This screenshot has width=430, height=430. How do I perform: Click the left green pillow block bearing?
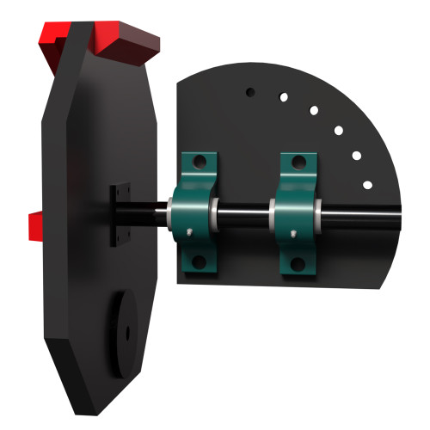[x=195, y=212]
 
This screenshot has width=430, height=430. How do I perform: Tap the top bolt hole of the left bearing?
[x=197, y=162]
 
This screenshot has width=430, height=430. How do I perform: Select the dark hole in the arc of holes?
[x=249, y=89]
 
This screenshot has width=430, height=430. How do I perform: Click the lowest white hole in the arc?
[x=367, y=185]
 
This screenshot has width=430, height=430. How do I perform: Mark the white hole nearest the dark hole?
[x=283, y=96]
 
